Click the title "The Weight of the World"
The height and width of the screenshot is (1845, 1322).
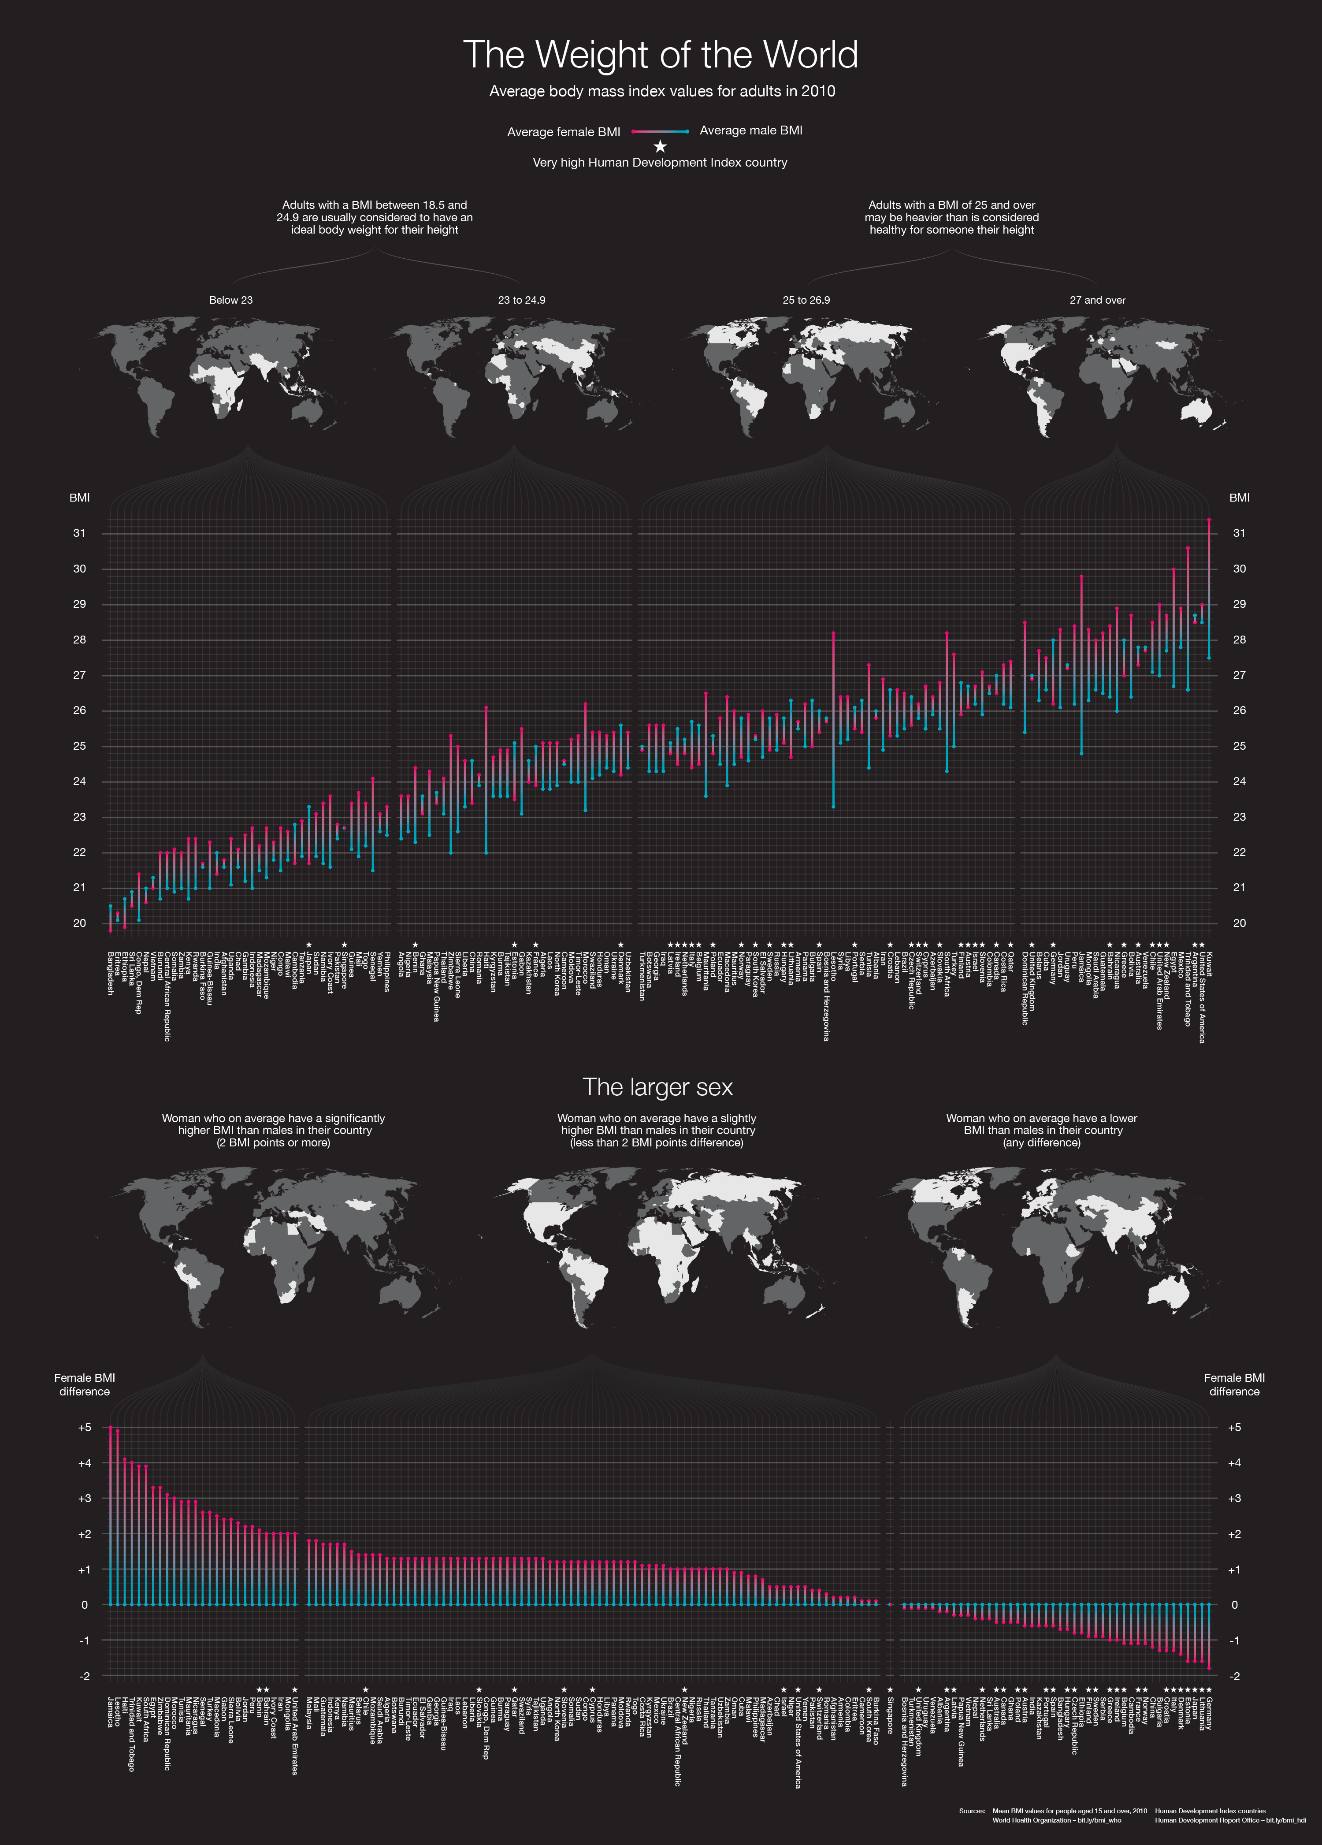click(x=661, y=55)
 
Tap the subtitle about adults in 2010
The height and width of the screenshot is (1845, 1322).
click(x=661, y=91)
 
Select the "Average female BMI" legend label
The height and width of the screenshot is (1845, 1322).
click(x=563, y=132)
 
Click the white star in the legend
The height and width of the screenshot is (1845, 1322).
click(x=661, y=146)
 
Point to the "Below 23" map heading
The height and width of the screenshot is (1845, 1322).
click(x=231, y=300)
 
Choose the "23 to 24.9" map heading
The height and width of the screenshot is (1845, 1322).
click(x=521, y=300)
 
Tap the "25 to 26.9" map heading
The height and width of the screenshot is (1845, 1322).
click(x=806, y=300)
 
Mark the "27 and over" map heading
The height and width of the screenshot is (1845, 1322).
click(x=1097, y=300)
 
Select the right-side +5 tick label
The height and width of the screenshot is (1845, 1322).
click(x=1234, y=1427)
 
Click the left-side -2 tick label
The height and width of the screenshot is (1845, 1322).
click(x=84, y=1676)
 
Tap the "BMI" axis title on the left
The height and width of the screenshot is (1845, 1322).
click(x=80, y=498)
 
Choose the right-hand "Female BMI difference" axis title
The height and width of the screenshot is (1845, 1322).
click(x=1234, y=1384)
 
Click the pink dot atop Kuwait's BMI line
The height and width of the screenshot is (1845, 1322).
click(x=1209, y=519)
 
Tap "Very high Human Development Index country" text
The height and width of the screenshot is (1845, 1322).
click(x=660, y=163)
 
